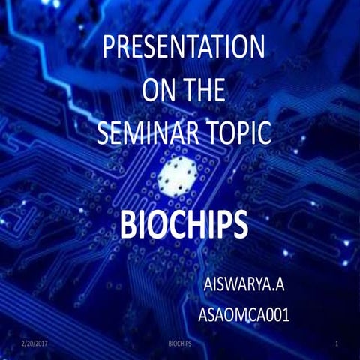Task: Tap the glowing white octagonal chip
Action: pos(178,175)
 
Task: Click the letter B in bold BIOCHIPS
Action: pos(130,224)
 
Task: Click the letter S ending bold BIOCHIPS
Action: pos(240,224)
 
